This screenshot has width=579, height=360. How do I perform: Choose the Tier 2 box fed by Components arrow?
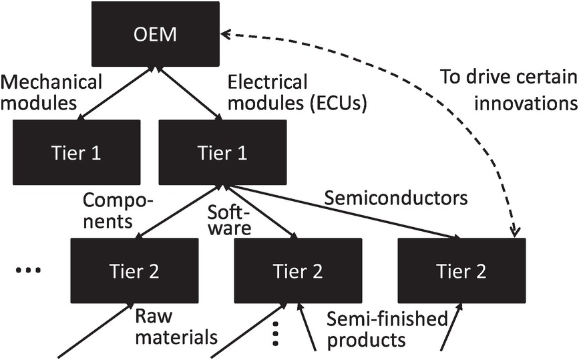pos(134,271)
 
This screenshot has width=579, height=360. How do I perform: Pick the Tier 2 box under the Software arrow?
pos(298,271)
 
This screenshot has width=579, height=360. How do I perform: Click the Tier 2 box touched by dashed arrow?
pos(461,271)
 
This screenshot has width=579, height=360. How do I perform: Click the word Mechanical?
pos(51,82)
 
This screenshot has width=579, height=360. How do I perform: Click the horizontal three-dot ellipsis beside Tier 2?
pos(27,270)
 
